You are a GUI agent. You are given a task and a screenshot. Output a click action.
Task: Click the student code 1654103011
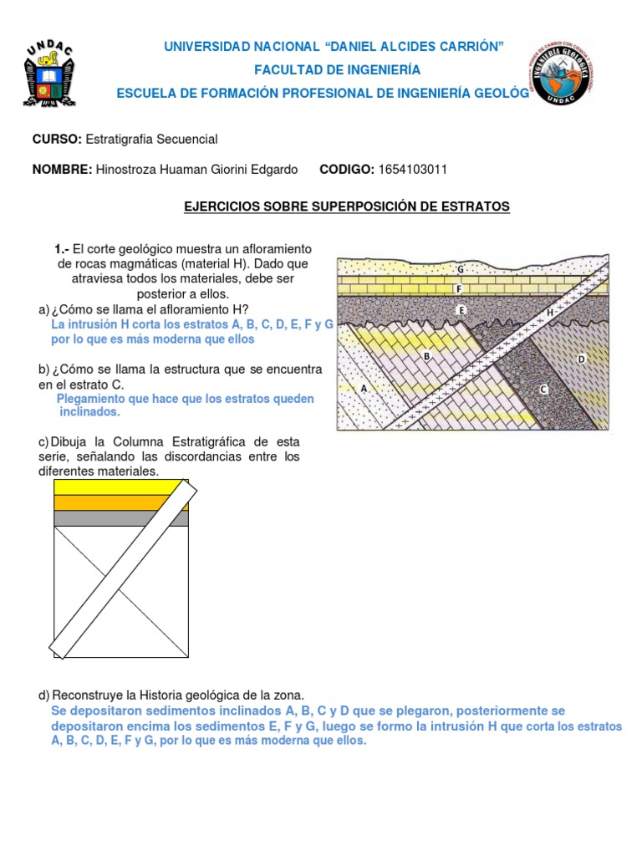click(x=412, y=170)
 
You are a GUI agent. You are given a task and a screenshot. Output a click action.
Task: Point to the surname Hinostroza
click(x=128, y=170)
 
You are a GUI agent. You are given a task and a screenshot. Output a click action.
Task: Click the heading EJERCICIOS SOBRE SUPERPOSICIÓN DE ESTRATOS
click(x=346, y=206)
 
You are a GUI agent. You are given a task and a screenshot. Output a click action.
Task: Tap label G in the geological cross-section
click(x=460, y=269)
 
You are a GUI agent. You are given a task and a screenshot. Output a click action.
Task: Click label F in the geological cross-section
click(x=458, y=289)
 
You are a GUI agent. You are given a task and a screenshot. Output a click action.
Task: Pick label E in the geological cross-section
click(x=460, y=310)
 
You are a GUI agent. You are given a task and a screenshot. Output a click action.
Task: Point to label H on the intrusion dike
click(x=550, y=313)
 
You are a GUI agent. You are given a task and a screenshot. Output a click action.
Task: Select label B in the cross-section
click(x=426, y=356)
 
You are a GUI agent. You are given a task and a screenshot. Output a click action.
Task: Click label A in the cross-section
click(x=364, y=389)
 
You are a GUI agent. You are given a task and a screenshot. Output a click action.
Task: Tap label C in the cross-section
click(x=543, y=389)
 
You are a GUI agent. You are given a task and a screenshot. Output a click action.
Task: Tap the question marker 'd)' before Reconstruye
click(x=44, y=695)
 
